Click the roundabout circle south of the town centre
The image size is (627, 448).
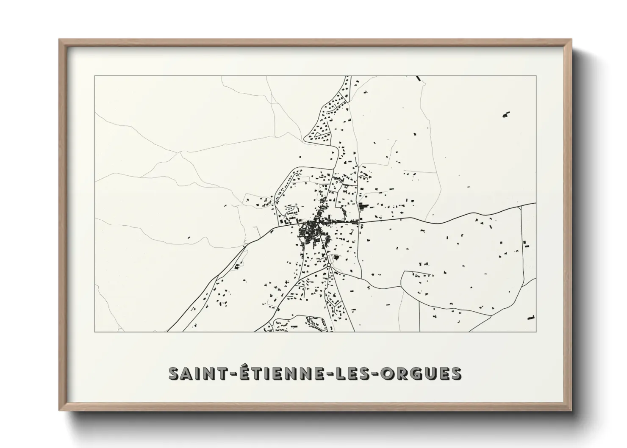coord(328,265)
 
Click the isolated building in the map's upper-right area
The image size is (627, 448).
coord(506,114)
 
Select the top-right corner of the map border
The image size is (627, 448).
coord(536,76)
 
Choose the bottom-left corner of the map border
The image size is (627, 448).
coord(95,332)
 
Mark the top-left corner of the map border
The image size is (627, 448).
coord(95,76)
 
